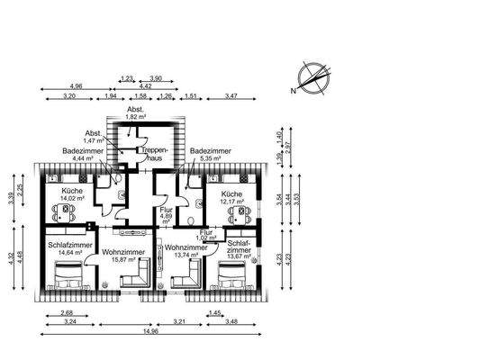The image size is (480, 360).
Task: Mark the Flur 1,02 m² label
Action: click(206, 235)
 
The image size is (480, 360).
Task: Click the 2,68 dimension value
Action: click(67, 312)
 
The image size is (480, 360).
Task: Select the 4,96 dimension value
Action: click(75, 85)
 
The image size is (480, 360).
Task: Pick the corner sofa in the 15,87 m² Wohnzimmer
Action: click(135, 277)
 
